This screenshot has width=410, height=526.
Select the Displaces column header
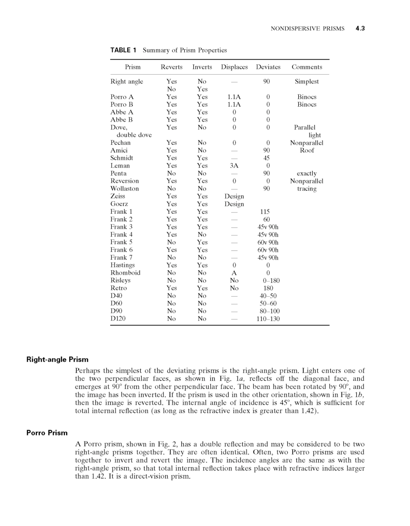click(234, 67)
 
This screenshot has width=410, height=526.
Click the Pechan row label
click(120, 143)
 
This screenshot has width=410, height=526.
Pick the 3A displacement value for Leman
click(234, 166)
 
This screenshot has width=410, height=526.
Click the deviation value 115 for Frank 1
click(265, 212)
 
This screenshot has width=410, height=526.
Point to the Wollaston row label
click(124, 189)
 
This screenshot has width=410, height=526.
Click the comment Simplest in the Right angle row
click(307, 82)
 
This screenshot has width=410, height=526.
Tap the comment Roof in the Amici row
click(307, 151)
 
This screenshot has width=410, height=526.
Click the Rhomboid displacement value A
click(234, 273)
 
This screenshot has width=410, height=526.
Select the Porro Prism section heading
click(46, 432)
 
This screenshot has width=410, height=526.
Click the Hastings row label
click(123, 265)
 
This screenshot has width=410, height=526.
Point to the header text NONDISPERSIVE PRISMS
click(307, 28)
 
